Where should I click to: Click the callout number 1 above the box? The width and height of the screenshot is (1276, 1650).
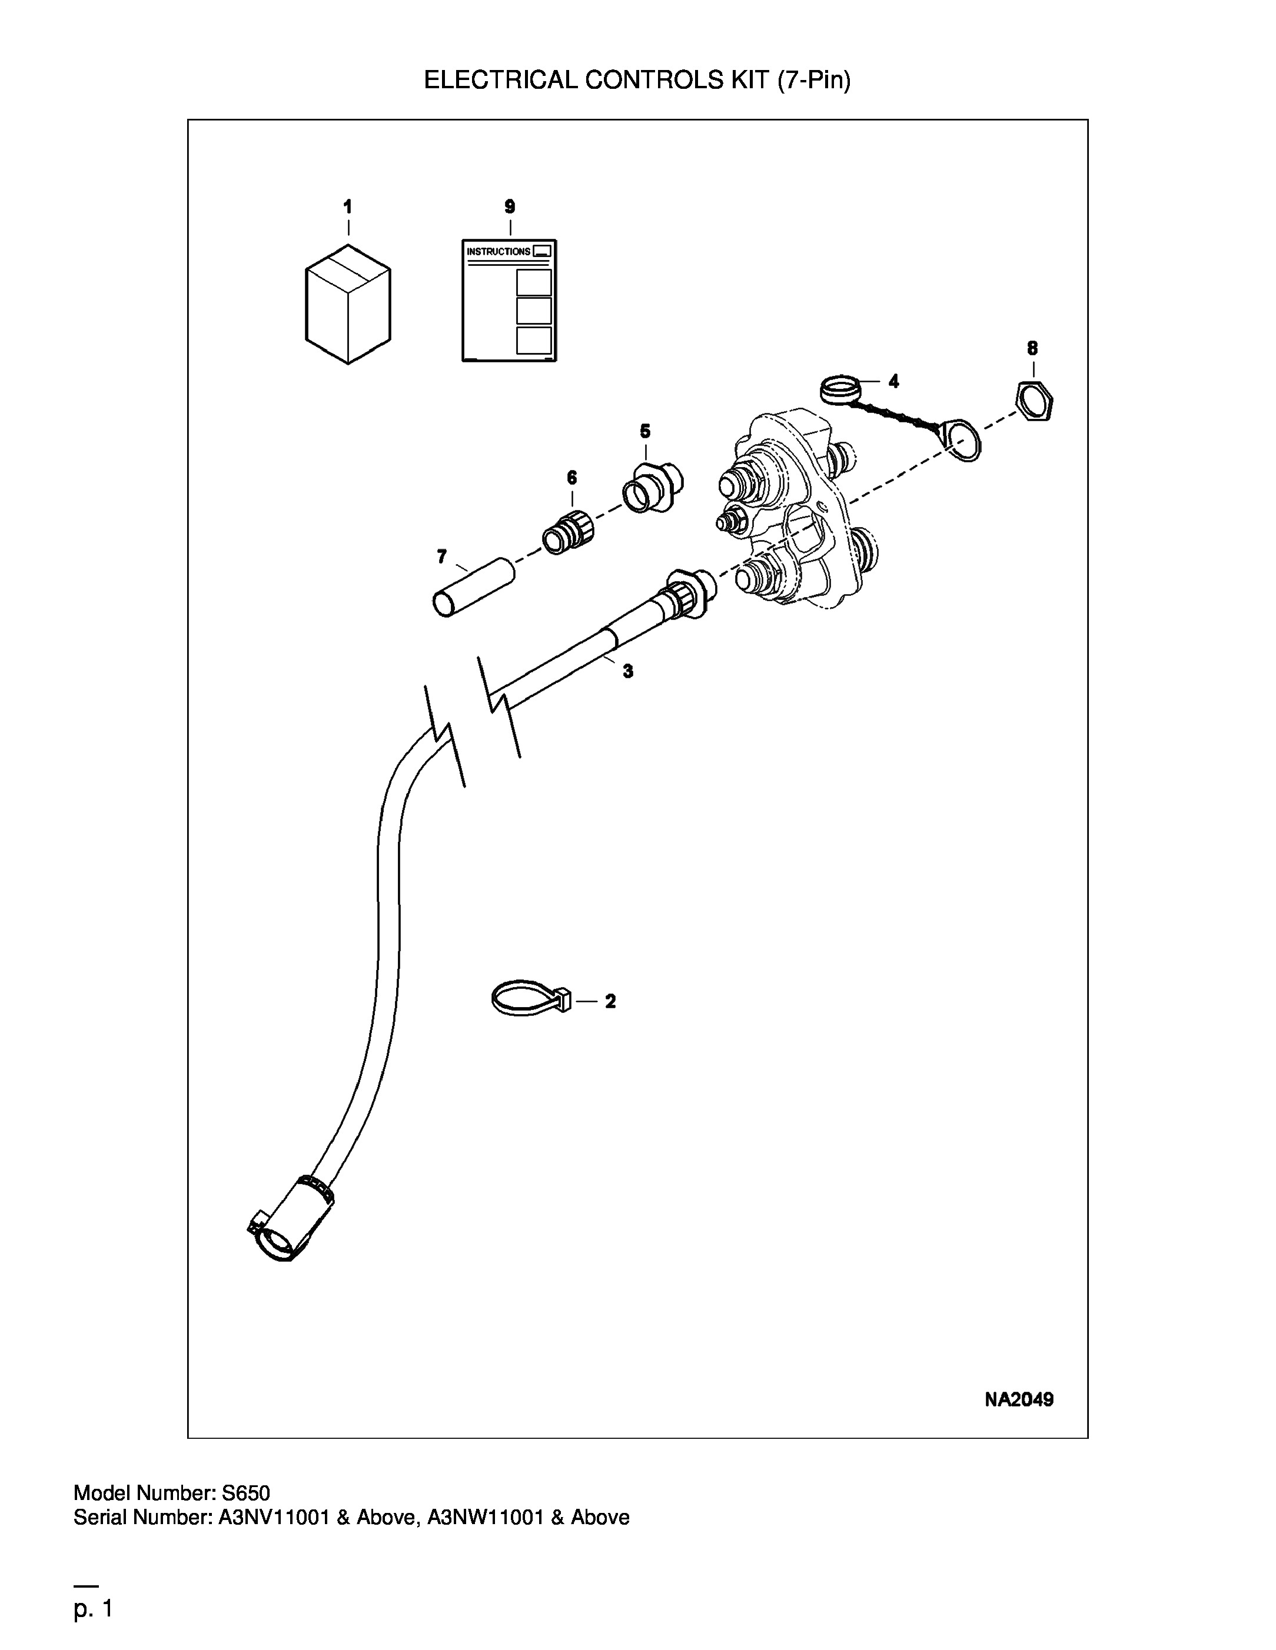pyautogui.click(x=348, y=206)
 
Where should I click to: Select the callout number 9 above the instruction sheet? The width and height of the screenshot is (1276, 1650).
pyautogui.click(x=510, y=206)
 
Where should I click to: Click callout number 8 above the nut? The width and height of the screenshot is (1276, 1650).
pyautogui.click(x=1032, y=348)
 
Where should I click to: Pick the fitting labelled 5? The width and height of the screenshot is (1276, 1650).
pyautogui.click(x=653, y=486)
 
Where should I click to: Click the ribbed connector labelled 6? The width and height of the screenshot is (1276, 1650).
pyautogui.click(x=569, y=532)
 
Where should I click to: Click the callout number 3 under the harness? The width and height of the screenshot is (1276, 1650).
pyautogui.click(x=628, y=671)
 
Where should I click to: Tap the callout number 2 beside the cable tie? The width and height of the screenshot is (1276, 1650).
pyautogui.click(x=610, y=1002)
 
